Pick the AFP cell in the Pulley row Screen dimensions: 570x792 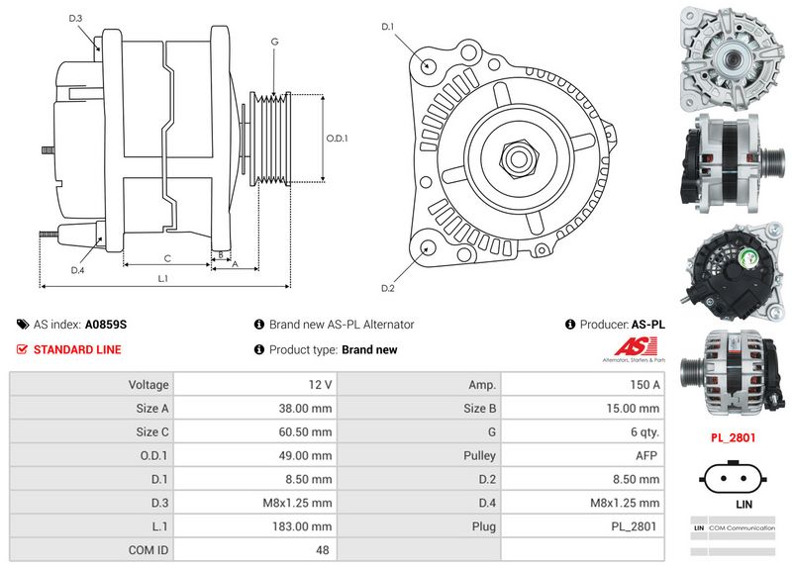coord(647,455)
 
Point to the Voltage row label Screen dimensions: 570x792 coord(148,384)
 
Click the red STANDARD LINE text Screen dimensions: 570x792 coord(77,349)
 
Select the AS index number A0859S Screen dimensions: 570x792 coord(106,324)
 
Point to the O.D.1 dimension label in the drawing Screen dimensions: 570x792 coord(338,138)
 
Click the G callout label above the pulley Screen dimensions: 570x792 coord(273,42)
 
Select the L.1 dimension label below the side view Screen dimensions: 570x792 coord(163,279)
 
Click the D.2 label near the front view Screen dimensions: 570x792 coord(388,288)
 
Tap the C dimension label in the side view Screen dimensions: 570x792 coord(167,258)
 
